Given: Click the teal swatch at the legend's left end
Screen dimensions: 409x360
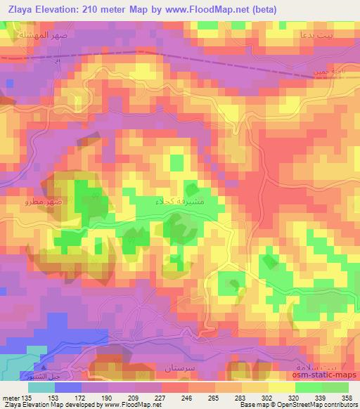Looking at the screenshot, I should tap(41, 387).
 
